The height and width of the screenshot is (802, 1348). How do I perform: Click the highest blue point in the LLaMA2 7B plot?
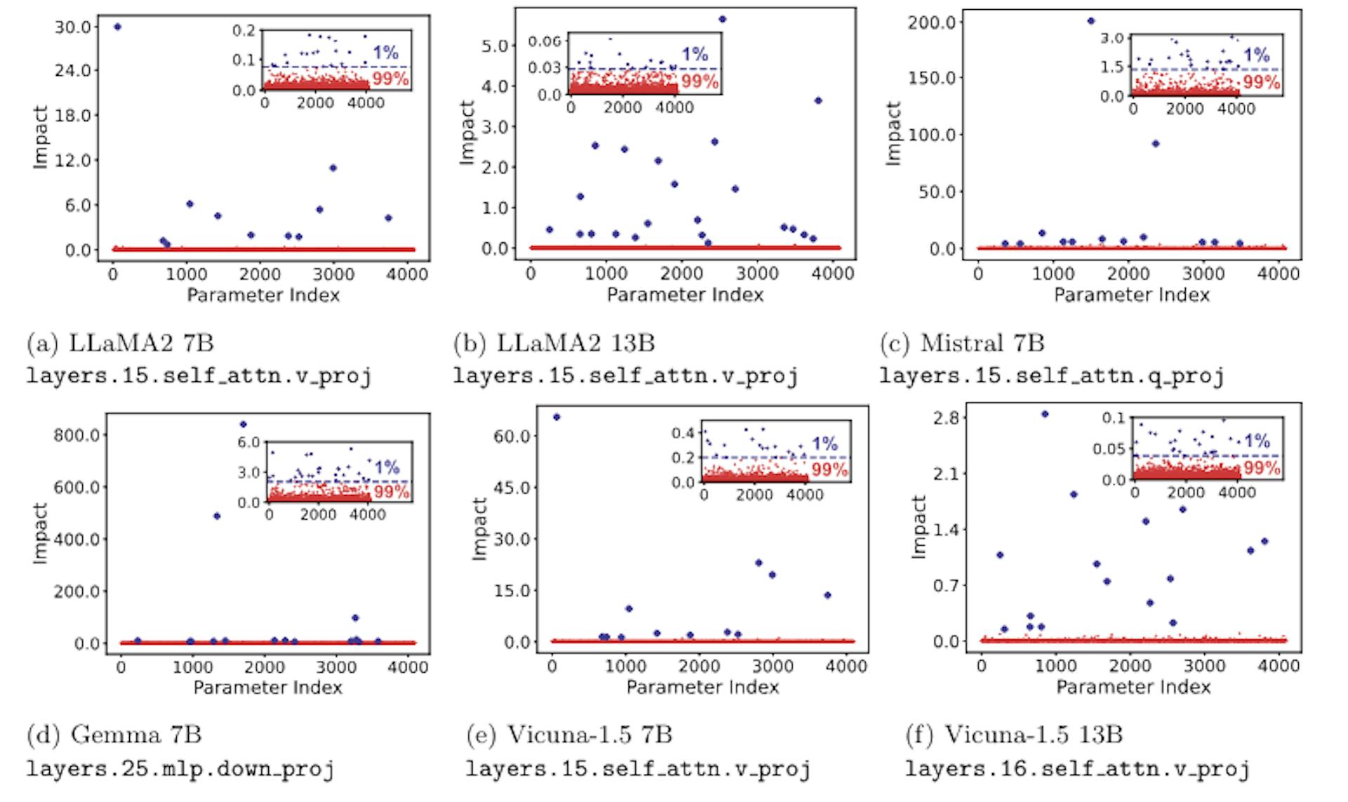[x=117, y=27]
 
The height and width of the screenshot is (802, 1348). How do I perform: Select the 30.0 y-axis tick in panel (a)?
[x=72, y=27]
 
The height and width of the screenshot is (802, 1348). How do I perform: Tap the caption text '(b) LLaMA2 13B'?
[x=554, y=343]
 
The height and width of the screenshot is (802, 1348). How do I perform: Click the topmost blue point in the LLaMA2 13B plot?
[x=722, y=20]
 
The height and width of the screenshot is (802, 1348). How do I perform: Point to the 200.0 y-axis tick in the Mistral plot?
[x=931, y=22]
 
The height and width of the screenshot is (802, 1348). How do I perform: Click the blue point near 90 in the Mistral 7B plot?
[x=1155, y=144]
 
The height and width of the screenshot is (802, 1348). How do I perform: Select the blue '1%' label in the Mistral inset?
[x=1257, y=55]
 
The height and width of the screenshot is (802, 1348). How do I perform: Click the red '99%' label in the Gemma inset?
[x=392, y=492]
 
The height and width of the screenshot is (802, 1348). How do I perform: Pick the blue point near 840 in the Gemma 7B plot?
[x=243, y=424]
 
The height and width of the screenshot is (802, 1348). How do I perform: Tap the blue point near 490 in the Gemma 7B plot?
[x=217, y=516]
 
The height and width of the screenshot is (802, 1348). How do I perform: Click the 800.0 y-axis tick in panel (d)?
[x=77, y=435]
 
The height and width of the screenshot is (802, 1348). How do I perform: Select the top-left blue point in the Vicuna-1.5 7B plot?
[x=557, y=417]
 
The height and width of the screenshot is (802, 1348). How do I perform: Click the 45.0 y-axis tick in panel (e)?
[x=513, y=487]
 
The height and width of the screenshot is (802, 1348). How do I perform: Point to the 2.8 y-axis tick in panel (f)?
[x=937, y=418]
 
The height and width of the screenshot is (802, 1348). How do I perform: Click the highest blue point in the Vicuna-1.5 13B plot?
[x=1045, y=414]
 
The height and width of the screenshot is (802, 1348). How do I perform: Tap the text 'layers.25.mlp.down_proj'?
[x=180, y=769]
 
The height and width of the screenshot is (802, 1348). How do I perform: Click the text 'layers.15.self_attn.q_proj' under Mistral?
[x=1051, y=376]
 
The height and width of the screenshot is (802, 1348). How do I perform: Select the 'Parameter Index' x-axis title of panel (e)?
[x=702, y=687]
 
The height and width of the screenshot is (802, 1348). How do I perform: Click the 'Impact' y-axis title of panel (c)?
[x=893, y=133]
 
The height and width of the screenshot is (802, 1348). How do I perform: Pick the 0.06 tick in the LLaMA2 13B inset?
[x=545, y=41]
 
